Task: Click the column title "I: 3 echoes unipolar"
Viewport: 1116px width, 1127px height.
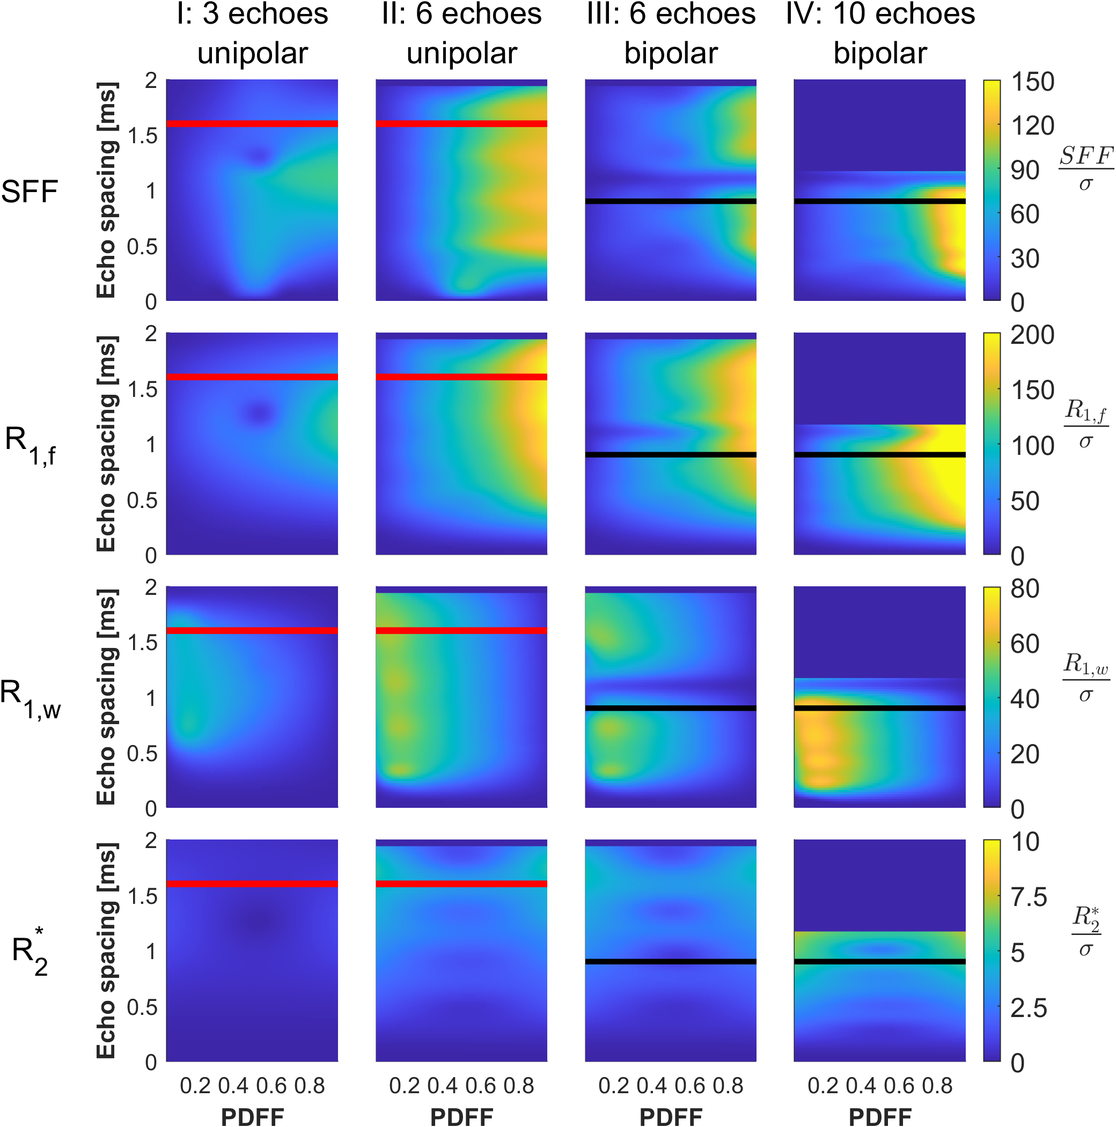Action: [253, 34]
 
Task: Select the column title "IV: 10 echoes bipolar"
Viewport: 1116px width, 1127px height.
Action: [880, 34]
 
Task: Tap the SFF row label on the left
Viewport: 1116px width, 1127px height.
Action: [30, 191]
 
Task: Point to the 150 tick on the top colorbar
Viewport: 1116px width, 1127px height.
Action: [1033, 82]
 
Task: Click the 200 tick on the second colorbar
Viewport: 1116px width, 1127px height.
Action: [1033, 335]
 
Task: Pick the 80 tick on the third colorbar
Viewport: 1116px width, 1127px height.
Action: [1025, 588]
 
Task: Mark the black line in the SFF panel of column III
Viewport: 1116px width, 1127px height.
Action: [671, 201]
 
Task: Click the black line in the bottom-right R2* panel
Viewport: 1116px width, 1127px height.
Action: [880, 961]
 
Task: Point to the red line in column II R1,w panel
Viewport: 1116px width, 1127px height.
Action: [461, 631]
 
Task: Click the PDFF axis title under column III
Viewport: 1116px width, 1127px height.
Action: [671, 1116]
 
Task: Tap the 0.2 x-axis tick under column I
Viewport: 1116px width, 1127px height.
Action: [195, 1086]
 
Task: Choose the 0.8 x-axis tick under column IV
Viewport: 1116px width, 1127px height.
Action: [937, 1086]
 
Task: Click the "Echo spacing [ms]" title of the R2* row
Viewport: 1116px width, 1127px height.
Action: [107, 951]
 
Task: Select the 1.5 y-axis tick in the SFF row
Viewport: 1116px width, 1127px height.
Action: [143, 135]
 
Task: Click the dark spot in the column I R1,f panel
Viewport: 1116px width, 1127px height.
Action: [260, 413]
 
